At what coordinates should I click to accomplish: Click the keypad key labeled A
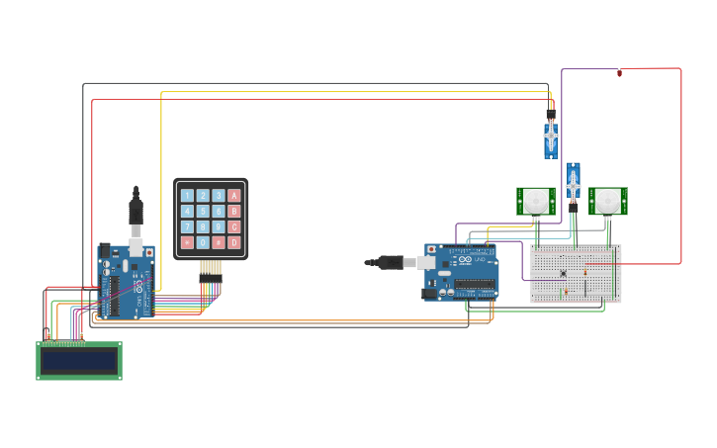click(x=234, y=196)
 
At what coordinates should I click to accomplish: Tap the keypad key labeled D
click(x=234, y=242)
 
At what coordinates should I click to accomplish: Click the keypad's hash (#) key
click(x=219, y=242)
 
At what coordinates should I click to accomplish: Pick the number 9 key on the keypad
click(x=219, y=226)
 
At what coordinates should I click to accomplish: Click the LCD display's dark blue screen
click(x=79, y=361)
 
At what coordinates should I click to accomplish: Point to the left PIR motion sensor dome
click(x=536, y=201)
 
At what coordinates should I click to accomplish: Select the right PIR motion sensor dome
click(x=608, y=201)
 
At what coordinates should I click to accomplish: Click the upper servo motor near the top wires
click(x=551, y=135)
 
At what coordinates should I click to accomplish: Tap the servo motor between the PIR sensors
click(x=573, y=183)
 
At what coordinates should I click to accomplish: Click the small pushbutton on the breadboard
click(x=563, y=273)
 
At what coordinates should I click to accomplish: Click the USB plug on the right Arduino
click(x=388, y=262)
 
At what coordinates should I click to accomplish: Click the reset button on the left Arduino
click(x=149, y=253)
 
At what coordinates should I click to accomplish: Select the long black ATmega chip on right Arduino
click(x=475, y=287)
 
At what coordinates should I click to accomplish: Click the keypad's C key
click(x=234, y=226)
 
